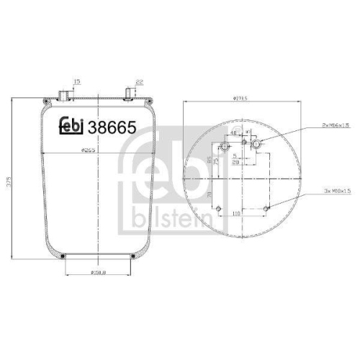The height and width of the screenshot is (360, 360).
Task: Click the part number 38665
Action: pos(111,127)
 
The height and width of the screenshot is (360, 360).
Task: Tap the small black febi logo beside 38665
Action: pos(71,126)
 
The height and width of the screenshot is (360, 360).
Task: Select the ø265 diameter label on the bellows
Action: pos(89,150)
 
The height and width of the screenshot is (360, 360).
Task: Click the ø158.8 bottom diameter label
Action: pos(99,271)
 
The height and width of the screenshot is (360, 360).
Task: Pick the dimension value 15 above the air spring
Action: pos(76,81)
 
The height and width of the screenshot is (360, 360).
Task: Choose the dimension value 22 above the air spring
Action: pos(139,81)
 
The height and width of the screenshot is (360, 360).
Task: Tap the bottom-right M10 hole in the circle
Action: pos(268,209)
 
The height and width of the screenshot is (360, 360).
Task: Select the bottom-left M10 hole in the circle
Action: pos(218,210)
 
